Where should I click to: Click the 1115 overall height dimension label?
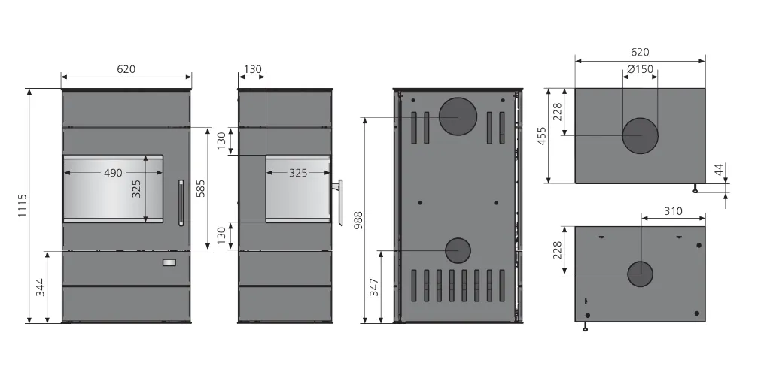click(x=22, y=206)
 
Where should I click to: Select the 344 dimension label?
click(x=40, y=287)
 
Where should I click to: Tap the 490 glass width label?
click(x=113, y=173)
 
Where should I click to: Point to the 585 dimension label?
click(x=200, y=189)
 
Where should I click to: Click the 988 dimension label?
click(x=359, y=220)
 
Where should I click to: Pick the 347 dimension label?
click(x=374, y=287)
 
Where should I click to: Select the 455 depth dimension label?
click(x=541, y=136)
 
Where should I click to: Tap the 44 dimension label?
click(x=718, y=170)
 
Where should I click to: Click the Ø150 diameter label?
click(x=641, y=69)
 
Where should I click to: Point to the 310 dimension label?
click(x=673, y=211)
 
